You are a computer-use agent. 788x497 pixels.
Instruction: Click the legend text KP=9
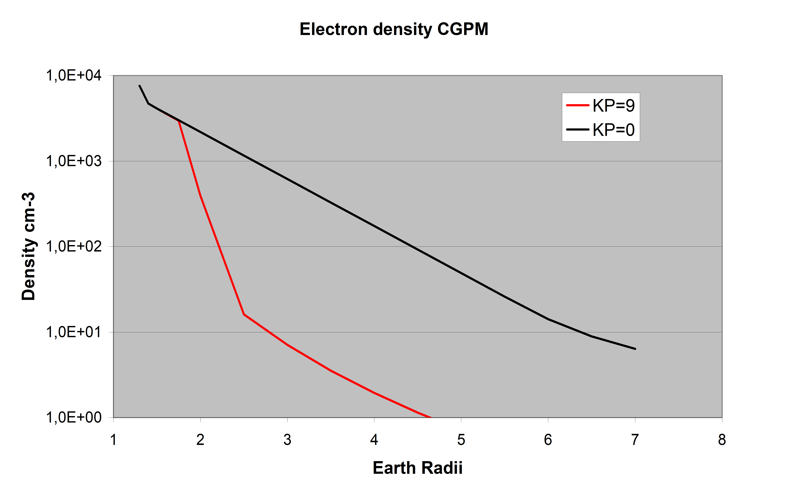pos(614,106)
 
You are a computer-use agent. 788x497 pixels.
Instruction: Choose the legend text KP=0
pos(614,130)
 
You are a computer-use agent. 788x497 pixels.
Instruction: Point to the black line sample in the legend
pos(578,129)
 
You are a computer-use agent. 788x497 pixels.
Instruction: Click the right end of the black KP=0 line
pos(635,349)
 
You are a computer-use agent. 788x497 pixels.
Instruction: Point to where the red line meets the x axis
pos(431,417)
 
